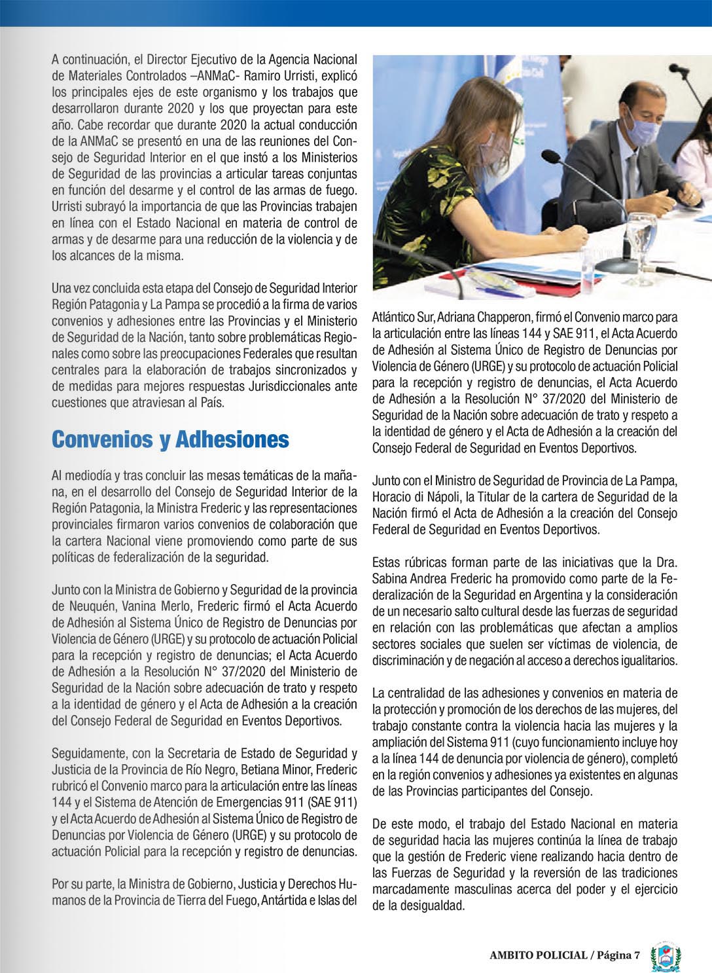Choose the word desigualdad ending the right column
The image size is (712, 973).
coord(430,906)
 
